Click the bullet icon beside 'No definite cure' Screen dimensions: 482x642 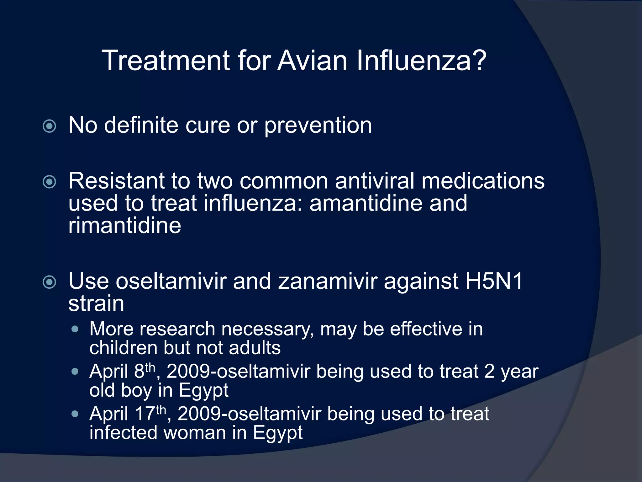[49, 126]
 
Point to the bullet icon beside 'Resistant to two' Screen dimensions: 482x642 [49, 182]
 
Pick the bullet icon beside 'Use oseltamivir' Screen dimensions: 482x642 [49, 282]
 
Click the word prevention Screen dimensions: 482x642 [318, 126]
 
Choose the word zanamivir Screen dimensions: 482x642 [328, 281]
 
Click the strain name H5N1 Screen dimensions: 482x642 [494, 281]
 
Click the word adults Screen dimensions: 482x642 [255, 348]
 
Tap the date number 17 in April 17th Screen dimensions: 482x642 [145, 414]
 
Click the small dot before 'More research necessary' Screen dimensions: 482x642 [75, 329]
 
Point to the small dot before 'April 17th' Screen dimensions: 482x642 [75, 414]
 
